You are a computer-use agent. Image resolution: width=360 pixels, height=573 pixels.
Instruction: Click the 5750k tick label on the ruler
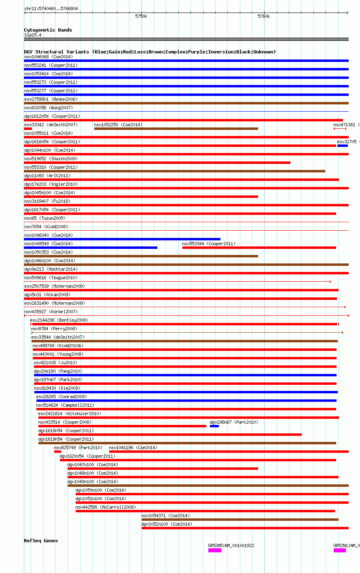(141, 17)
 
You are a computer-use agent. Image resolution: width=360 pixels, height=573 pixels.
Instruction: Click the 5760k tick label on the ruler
(263, 17)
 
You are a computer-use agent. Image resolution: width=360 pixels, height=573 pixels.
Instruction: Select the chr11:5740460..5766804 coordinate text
(51, 8)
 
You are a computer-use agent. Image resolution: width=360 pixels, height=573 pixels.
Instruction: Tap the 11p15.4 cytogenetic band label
(33, 35)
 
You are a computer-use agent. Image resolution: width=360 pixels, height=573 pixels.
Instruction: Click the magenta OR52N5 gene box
(215, 550)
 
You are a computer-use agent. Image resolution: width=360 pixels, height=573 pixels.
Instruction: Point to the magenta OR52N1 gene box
(340, 550)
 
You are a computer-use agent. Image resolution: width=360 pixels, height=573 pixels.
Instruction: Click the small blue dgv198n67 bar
(214, 426)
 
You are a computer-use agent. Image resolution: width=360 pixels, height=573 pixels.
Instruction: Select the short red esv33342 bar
(28, 129)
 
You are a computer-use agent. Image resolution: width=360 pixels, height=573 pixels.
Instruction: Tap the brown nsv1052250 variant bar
(176, 129)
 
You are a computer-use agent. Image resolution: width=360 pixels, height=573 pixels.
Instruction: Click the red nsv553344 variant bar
(259, 248)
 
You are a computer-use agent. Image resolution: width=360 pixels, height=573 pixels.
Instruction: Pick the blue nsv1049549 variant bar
(91, 248)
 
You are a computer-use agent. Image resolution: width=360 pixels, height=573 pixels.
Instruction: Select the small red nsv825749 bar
(57, 452)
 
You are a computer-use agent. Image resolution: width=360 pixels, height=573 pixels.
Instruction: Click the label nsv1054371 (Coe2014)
(165, 516)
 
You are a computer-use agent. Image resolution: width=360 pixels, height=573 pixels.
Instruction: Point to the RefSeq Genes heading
(41, 541)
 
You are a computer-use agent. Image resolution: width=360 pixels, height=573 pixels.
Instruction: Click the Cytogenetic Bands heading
(48, 30)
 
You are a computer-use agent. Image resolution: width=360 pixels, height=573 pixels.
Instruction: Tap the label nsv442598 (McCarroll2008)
(106, 507)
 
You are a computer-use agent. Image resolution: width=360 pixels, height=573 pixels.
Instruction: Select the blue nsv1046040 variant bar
(122, 239)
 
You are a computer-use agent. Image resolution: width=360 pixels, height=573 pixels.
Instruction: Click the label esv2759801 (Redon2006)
(51, 99)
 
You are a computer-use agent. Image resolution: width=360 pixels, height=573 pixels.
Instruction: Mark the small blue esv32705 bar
(343, 146)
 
